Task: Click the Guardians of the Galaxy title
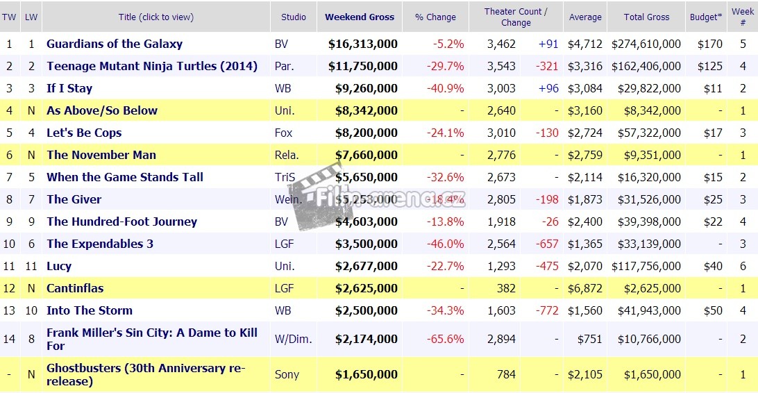115,44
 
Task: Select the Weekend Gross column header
360,17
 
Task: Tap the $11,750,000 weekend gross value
363,66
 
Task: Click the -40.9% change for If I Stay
448,88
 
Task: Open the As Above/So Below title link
102,110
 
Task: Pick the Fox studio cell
283,133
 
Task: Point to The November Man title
101,155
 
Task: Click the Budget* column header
706,17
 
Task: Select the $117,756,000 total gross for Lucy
646,266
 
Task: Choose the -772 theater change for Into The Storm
548,310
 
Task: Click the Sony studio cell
287,374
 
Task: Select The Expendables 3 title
100,244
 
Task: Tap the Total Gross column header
646,17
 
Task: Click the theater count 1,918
502,221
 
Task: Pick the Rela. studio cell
287,155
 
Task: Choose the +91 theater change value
548,44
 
